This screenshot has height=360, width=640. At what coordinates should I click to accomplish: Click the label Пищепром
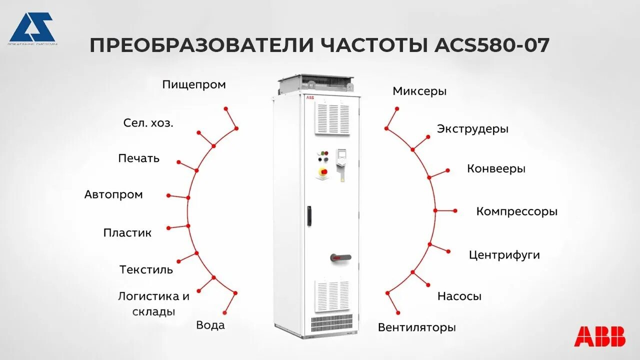point(194,85)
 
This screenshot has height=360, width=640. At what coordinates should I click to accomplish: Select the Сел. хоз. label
point(148,123)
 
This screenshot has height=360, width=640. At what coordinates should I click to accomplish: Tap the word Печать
point(139,158)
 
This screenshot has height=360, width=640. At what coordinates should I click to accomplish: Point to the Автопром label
point(113,194)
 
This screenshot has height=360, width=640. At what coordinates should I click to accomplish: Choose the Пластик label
point(127,233)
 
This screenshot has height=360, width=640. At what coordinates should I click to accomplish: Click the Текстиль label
point(146,270)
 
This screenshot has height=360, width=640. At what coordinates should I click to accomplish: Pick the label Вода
point(210,325)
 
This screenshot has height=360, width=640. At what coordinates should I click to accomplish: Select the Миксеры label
point(419,91)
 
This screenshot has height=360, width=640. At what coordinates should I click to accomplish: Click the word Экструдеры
point(472,129)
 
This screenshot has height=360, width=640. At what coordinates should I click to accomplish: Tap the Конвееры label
point(496,169)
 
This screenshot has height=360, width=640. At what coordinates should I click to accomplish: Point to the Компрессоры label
point(516,211)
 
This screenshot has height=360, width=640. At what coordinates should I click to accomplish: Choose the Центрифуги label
point(504,255)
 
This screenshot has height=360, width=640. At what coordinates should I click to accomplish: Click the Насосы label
point(459,296)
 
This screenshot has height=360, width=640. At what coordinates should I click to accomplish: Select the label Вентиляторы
point(417,328)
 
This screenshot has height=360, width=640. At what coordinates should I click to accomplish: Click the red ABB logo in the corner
point(599,336)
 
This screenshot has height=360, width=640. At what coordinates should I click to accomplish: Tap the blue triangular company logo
point(32,27)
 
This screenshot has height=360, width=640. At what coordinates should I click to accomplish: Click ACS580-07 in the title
point(492,45)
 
